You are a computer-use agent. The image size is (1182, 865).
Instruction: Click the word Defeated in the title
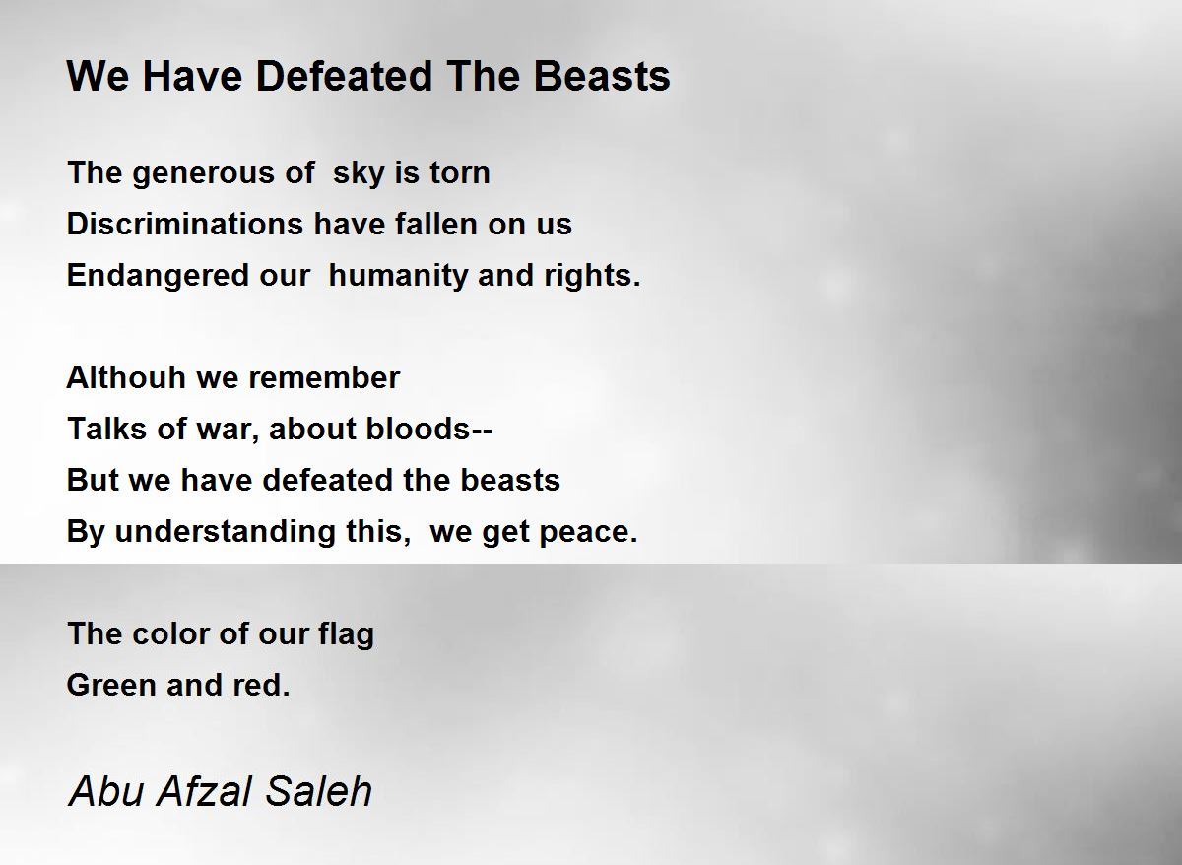(x=344, y=76)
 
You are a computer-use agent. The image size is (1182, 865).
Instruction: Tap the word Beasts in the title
(x=602, y=76)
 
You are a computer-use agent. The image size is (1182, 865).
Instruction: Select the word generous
(x=203, y=174)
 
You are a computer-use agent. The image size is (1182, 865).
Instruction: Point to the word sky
(x=359, y=173)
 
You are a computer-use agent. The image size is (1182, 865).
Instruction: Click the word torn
(x=460, y=172)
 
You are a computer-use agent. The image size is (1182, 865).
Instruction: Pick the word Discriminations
(x=185, y=224)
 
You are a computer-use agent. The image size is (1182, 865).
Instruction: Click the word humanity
(x=398, y=276)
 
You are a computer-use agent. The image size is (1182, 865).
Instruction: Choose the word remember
(x=323, y=378)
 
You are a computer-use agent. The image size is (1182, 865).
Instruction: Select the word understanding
(x=225, y=531)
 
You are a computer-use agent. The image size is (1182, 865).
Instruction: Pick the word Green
(x=111, y=685)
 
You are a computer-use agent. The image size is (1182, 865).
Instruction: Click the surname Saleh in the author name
(x=318, y=792)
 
